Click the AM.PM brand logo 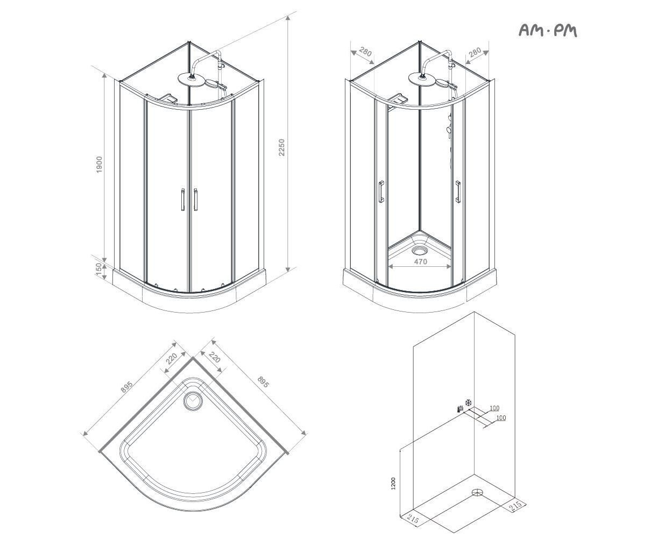coord(548,31)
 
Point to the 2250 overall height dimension coord(281,147)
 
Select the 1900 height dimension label coord(99,165)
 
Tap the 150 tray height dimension coord(98,269)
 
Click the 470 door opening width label coord(420,262)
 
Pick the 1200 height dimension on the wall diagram coord(393,483)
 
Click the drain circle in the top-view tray coord(193,401)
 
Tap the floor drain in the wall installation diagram coord(477,493)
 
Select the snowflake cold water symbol coord(468,402)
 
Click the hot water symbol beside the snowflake coord(460,408)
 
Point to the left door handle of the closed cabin coord(182,200)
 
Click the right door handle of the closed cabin coord(196,200)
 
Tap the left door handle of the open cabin coord(381,192)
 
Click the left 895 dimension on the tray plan coord(127,387)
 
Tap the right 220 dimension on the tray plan coord(214,357)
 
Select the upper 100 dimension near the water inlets coord(494,408)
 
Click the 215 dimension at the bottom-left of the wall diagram coord(413,520)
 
